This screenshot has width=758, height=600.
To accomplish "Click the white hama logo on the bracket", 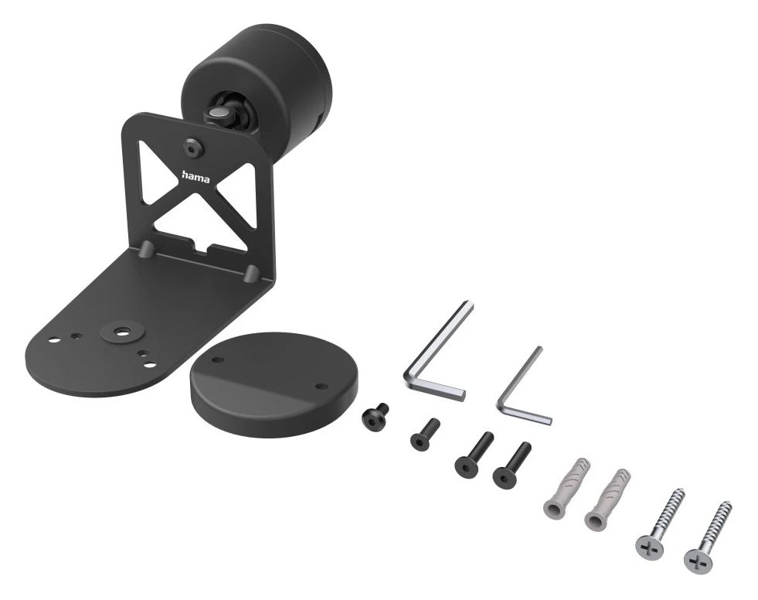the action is click(195, 177).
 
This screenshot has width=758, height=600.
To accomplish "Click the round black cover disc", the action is click(274, 384).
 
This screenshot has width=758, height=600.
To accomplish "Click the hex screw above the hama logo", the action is click(193, 148).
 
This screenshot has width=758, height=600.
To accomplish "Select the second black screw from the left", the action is click(425, 435).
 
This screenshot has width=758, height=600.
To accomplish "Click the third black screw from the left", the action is click(474, 453).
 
